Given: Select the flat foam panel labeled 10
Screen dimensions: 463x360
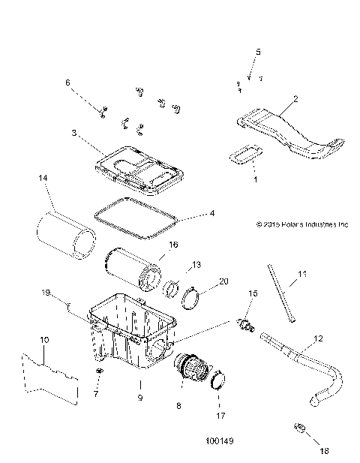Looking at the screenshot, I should pos(49,376).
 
